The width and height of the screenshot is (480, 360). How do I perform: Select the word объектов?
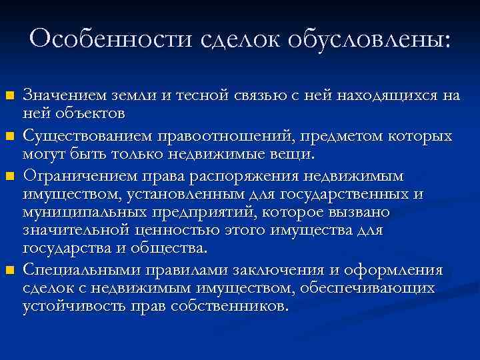84,113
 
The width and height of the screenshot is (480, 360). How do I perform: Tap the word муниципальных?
75,213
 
